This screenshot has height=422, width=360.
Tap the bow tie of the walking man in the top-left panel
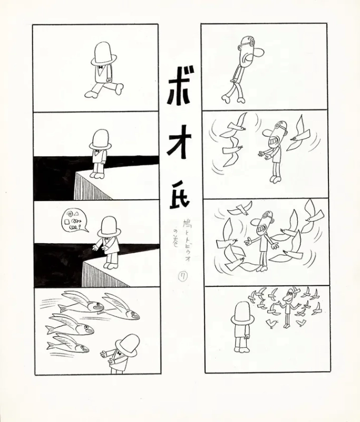100,68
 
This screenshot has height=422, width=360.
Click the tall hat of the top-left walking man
104,53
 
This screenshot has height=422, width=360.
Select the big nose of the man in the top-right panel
259,53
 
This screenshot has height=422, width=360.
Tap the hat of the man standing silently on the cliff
100,139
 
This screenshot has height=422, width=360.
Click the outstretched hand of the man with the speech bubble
95,246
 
